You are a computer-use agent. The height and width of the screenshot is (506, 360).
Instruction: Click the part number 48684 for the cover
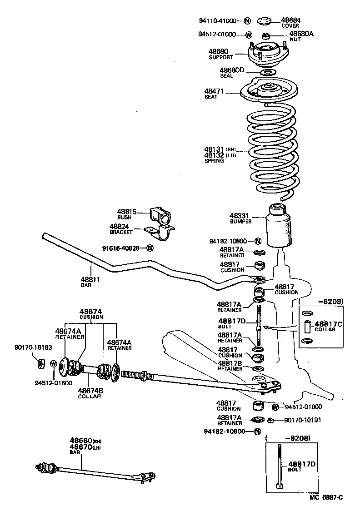(290, 20)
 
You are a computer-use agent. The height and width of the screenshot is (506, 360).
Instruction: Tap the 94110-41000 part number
(218, 21)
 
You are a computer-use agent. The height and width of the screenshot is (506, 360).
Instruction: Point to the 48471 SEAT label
(214, 94)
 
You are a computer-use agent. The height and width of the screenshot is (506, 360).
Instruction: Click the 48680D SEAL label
(232, 73)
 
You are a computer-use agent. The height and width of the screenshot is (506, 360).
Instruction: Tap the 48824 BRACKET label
(120, 228)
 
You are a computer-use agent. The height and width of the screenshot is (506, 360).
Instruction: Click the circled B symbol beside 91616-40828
(150, 248)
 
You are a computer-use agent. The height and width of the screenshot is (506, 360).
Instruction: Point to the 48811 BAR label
(90, 282)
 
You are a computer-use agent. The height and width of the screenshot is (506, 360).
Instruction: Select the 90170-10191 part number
(302, 420)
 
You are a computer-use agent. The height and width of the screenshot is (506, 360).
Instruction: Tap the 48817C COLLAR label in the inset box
(325, 326)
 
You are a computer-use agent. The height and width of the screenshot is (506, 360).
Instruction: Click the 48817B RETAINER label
(230, 366)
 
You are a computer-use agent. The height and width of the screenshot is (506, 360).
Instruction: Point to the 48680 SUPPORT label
(220, 54)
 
